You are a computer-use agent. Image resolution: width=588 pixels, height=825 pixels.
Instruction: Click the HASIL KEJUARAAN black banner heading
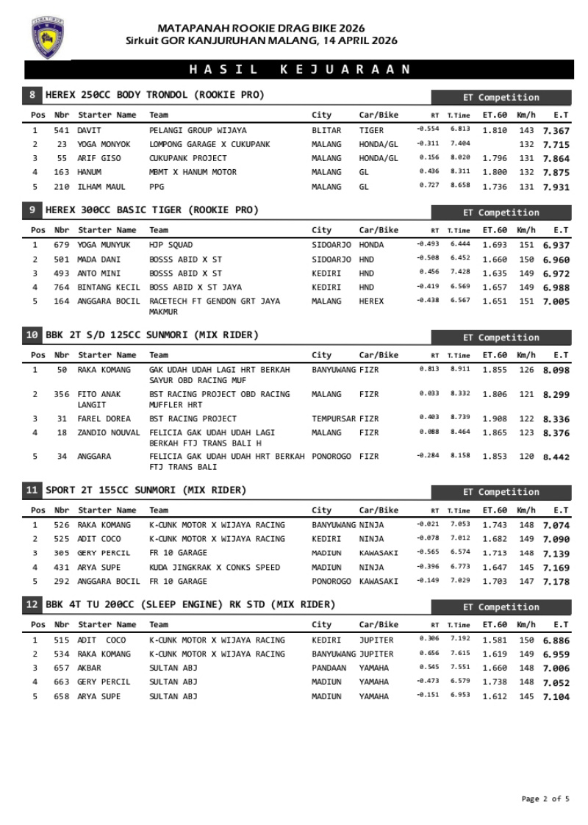coord(299,69)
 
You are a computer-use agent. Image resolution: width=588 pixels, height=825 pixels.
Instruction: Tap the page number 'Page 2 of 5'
coord(545,799)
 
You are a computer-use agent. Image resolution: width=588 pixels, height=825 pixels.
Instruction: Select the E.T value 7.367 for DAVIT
coord(556,130)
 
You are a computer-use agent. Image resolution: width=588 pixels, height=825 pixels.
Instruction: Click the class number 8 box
coord(32,95)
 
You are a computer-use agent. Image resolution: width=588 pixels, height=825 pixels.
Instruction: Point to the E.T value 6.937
coord(556,245)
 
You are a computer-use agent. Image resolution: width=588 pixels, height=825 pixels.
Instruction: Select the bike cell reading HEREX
coord(371,301)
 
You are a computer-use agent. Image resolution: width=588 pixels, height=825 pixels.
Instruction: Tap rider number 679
coord(62,245)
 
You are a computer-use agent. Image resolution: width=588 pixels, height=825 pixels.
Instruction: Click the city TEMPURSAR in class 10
coord(334,418)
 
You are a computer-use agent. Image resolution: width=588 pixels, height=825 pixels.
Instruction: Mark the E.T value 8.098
coord(556,370)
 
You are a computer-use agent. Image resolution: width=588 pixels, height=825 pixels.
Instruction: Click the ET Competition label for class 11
coord(501,492)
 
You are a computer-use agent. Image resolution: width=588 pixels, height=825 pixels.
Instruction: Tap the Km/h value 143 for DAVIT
coord(526,130)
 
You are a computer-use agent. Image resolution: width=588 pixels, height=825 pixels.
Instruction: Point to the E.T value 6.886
coord(556,640)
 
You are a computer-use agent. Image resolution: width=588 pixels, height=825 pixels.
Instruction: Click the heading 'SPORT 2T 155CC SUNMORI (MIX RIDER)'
coord(146,490)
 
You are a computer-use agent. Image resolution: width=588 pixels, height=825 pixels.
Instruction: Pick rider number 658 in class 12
coord(62,696)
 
